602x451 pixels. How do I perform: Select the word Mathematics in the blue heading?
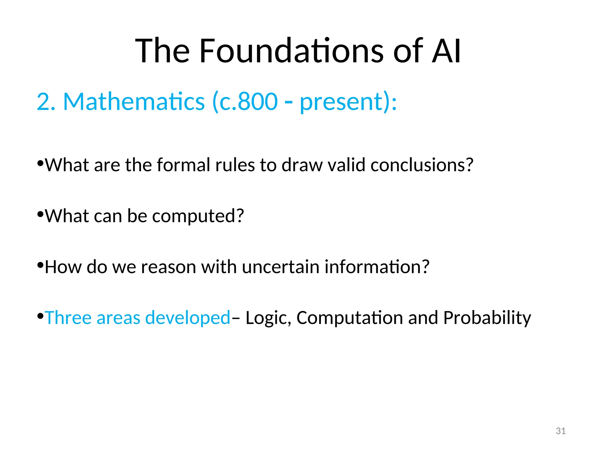[134, 102]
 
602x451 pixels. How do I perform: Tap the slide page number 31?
[561, 431]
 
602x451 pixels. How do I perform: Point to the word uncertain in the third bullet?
[280, 267]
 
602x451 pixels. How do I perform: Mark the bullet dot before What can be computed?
[41, 214]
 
